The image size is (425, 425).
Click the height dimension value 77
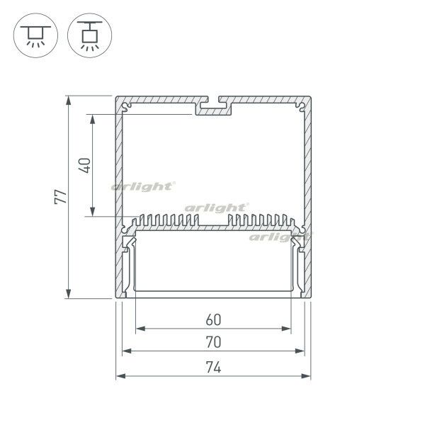63,196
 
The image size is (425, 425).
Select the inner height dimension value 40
84,165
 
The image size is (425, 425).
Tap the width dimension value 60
213,319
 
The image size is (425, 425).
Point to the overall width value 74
213,367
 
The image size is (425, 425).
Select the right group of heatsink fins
258,220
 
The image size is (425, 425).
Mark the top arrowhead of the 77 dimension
69,101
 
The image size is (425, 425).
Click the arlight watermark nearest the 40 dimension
142,187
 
